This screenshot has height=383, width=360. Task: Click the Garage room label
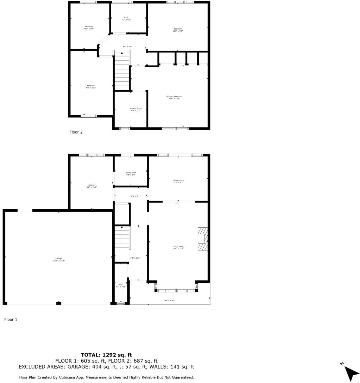tap(59, 259)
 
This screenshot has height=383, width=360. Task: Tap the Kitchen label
tap(91, 186)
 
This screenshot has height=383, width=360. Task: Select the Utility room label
tap(131, 174)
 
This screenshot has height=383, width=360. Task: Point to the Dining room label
tap(178, 181)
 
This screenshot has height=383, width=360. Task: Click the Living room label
tap(178, 247)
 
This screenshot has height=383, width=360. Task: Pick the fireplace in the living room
tap(202, 239)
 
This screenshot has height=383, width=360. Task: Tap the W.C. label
tap(121, 286)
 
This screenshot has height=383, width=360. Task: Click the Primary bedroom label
tap(174, 97)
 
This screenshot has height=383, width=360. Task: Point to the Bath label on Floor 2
tap(126, 18)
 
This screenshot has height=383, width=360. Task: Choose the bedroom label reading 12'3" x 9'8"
tap(178, 30)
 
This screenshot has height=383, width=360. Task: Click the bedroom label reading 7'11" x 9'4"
tap(89, 28)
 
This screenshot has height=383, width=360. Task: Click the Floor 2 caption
tap(76, 132)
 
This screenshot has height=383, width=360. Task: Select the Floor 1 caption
tap(11, 320)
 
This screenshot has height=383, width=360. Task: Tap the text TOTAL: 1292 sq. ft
tap(106, 355)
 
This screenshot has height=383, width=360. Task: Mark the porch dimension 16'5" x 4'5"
tap(170, 301)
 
